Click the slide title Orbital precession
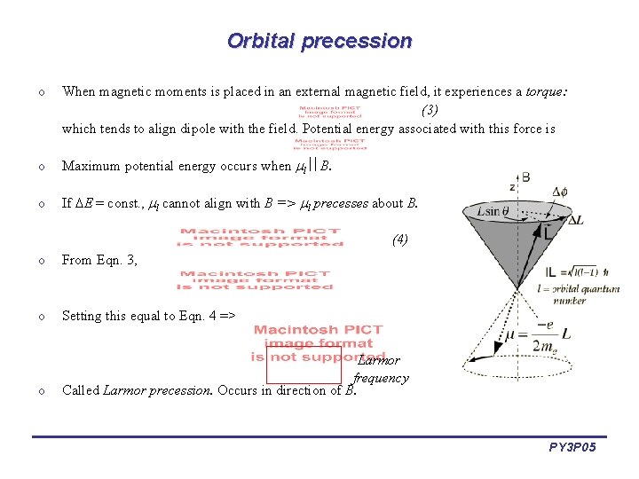click(319, 41)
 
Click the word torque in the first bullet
click(544, 91)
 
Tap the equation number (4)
click(399, 239)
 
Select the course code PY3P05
click(572, 449)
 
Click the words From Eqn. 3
click(99, 261)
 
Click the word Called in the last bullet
click(81, 390)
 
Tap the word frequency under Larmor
click(382, 378)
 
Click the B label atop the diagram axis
click(525, 177)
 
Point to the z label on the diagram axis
click(512, 187)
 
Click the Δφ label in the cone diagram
click(560, 192)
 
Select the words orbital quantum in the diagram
click(590, 290)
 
